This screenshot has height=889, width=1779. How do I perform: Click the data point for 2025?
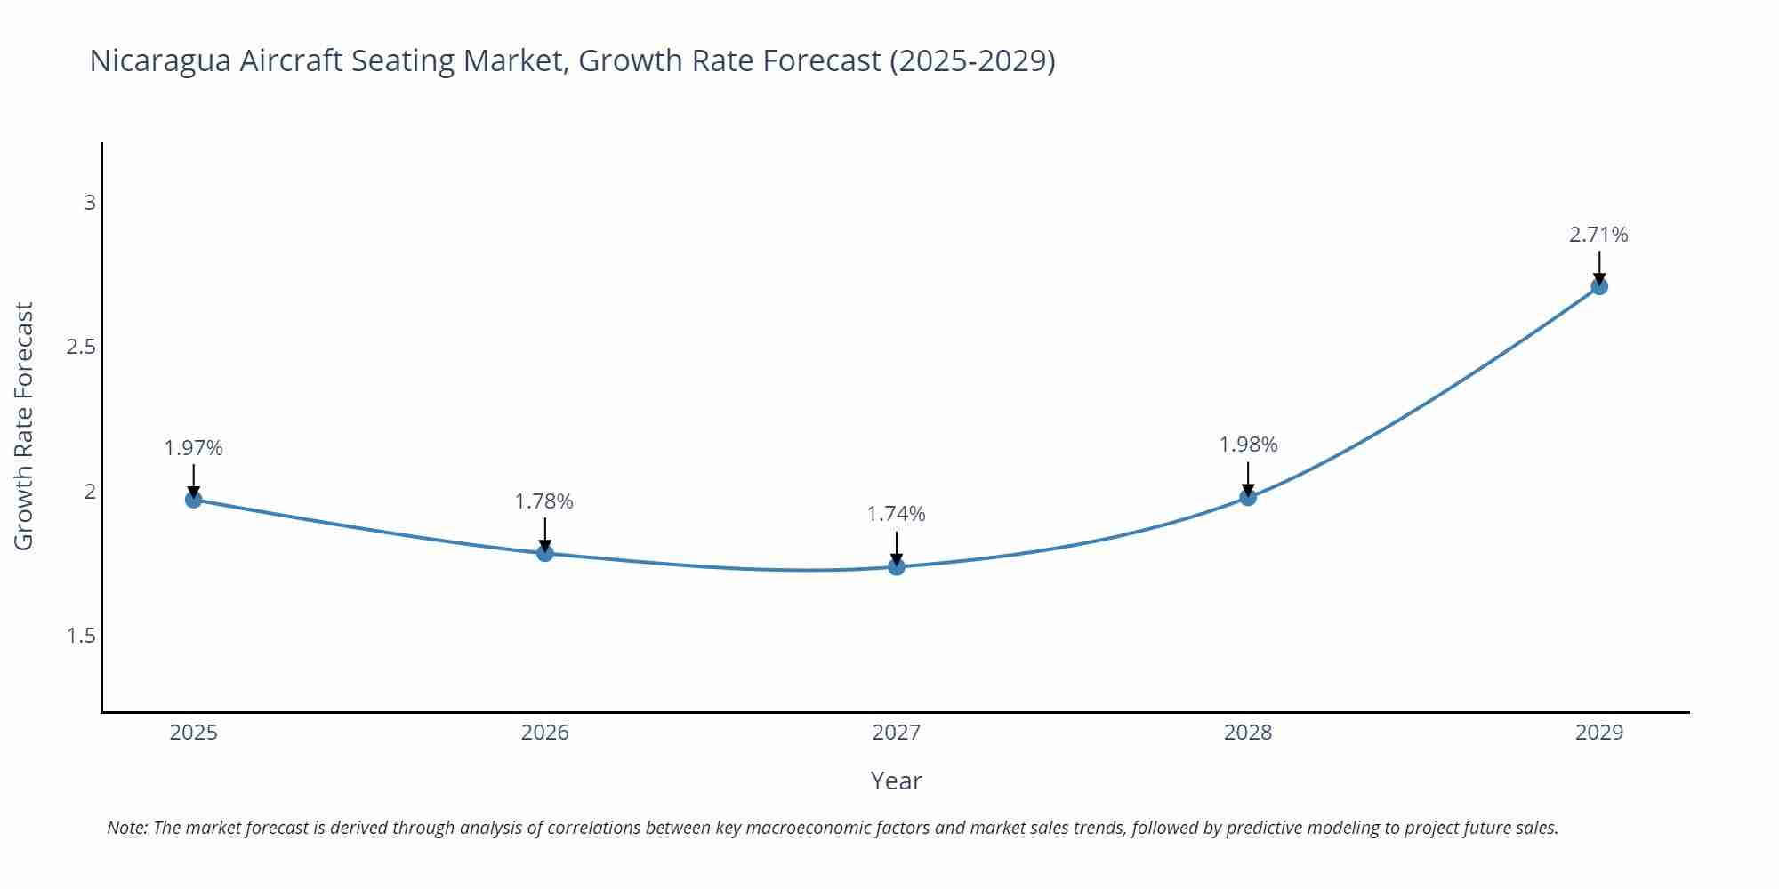(x=193, y=499)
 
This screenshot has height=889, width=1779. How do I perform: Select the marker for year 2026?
(x=545, y=553)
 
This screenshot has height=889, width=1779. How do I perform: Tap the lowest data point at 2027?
(x=897, y=566)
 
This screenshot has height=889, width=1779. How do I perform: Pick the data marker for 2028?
(x=1248, y=497)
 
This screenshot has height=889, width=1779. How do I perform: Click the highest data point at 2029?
(x=1599, y=286)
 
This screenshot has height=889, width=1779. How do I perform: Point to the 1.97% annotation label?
(x=193, y=448)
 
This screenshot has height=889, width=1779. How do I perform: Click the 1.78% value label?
(x=544, y=501)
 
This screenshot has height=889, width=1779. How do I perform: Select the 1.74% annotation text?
(x=897, y=514)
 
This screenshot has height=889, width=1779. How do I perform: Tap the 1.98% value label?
(x=1248, y=444)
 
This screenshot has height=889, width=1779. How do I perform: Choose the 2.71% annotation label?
(x=1598, y=235)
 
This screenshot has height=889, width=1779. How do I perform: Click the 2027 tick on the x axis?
(x=897, y=733)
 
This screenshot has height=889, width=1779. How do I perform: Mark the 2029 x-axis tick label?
(x=1599, y=733)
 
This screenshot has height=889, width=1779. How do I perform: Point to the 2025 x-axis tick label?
(x=193, y=733)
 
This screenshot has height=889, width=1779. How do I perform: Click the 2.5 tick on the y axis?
(x=81, y=347)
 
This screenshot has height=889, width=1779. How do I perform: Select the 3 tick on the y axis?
(x=90, y=203)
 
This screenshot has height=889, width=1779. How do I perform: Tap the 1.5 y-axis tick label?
(x=81, y=636)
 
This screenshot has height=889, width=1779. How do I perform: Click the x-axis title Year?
(x=896, y=781)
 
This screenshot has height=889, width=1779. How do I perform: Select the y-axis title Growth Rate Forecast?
(x=24, y=426)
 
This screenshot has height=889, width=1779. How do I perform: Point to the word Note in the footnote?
(x=127, y=828)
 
